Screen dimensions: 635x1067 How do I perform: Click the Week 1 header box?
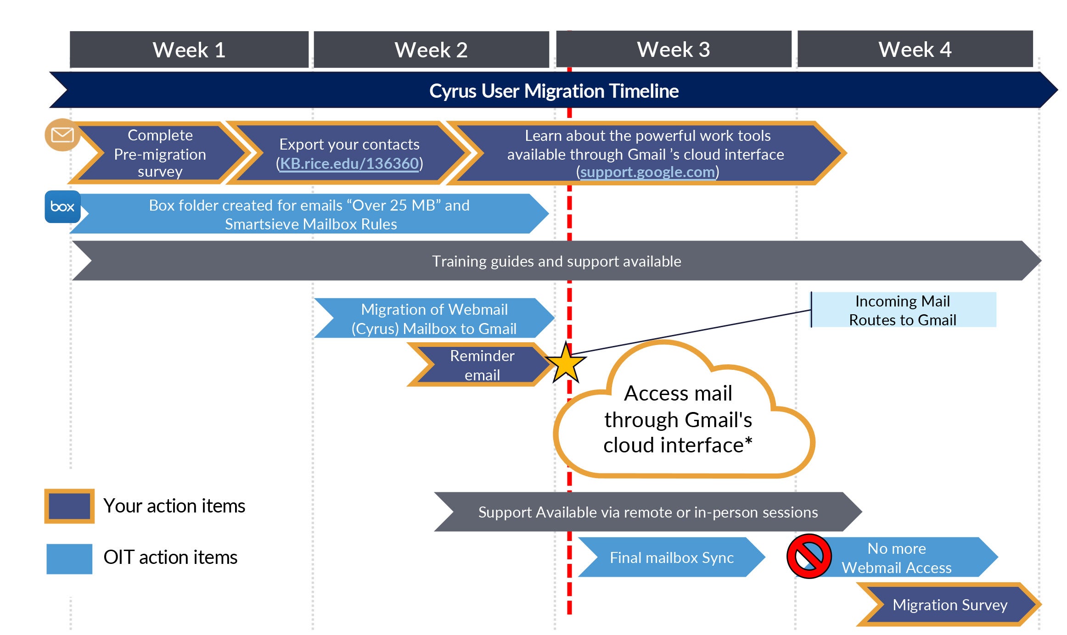(189, 50)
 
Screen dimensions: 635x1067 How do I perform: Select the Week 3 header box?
(674, 49)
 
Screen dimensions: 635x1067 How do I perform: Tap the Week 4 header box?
(915, 49)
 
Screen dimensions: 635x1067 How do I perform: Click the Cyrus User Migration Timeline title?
(554, 91)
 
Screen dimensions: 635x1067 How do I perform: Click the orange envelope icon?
(62, 135)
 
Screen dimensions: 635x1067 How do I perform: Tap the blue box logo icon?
(62, 206)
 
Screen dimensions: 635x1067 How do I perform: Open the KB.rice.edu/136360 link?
(349, 163)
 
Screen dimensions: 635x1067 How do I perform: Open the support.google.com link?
(647, 172)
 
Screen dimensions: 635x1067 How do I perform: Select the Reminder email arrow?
(482, 365)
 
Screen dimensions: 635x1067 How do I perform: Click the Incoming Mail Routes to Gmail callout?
(902, 310)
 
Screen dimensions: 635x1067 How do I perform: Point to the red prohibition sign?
(809, 556)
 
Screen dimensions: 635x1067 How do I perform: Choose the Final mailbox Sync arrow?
(671, 557)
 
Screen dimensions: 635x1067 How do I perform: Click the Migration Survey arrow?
(949, 605)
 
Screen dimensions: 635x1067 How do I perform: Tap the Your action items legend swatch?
(69, 506)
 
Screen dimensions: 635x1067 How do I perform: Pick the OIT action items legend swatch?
(69, 558)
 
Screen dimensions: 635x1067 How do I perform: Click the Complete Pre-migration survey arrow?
(160, 153)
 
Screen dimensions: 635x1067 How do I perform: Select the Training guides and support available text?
(556, 261)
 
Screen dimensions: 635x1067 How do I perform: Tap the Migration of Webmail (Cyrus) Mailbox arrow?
(434, 318)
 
